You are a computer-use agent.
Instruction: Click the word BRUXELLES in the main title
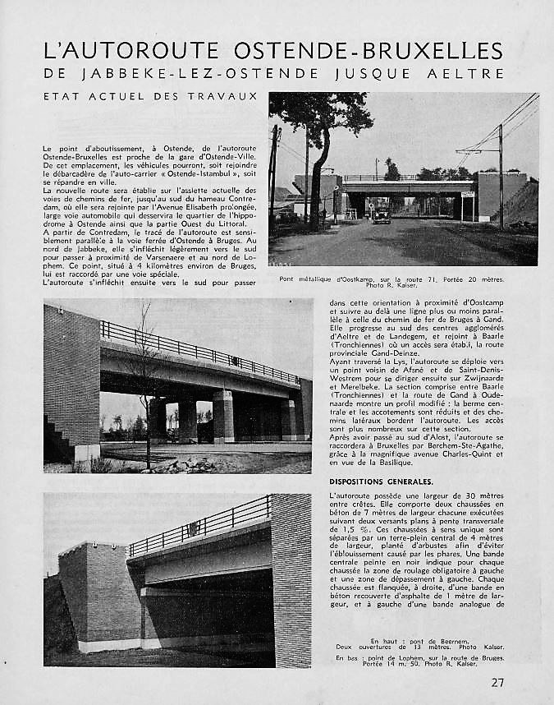(x=435, y=51)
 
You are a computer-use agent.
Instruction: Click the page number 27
(x=497, y=682)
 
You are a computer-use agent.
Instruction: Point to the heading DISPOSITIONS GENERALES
(x=381, y=481)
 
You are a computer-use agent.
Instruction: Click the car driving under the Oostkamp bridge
(x=382, y=215)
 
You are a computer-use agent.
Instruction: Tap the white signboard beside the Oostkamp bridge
(x=468, y=195)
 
